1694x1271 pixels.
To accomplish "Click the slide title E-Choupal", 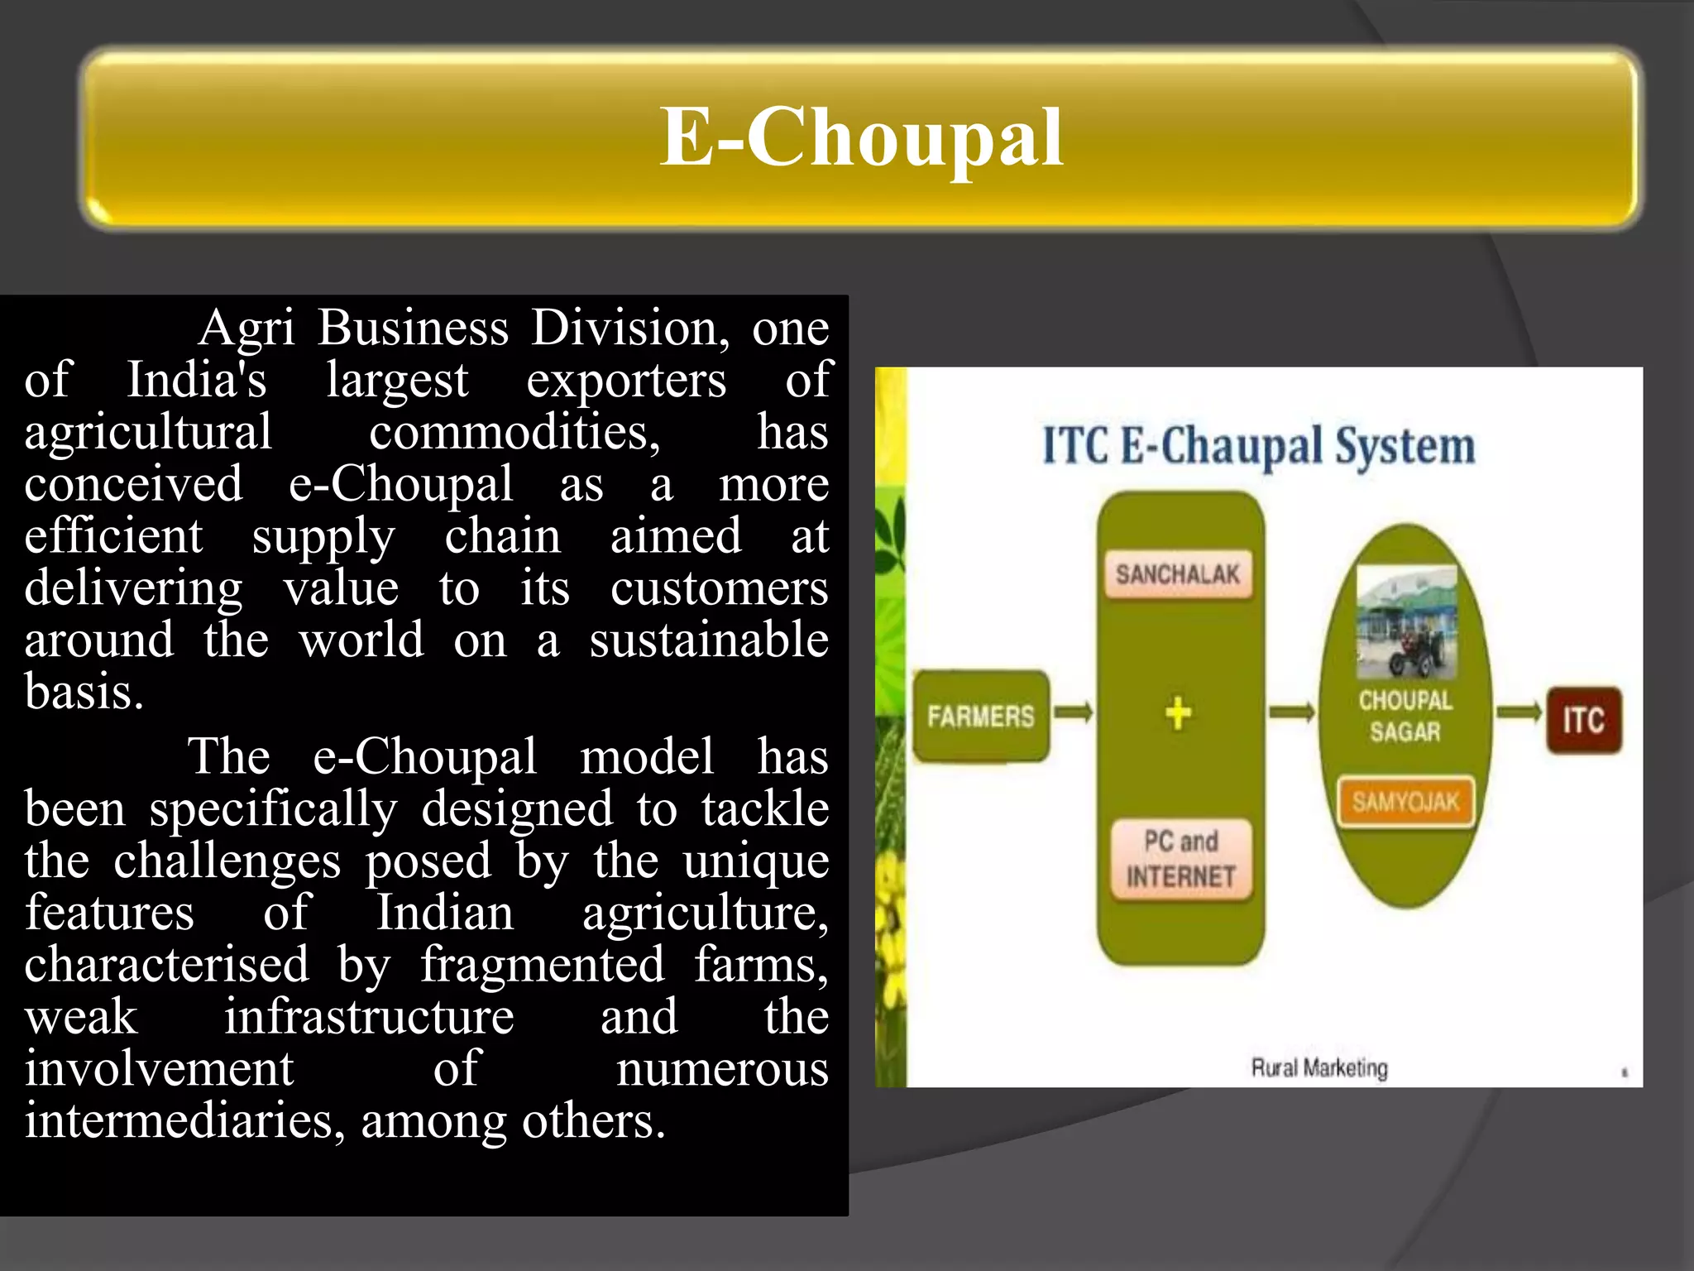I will (x=860, y=137).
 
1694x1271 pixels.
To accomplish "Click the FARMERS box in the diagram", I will (x=981, y=716).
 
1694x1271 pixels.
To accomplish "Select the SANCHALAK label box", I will (x=1178, y=573).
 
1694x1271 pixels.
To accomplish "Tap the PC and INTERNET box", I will (x=1180, y=859).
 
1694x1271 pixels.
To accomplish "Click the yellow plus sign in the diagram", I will (x=1179, y=713).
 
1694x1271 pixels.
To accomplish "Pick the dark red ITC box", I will (x=1583, y=720).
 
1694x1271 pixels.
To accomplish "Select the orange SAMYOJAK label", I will (x=1405, y=801).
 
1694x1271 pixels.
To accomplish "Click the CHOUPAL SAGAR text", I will (x=1405, y=716).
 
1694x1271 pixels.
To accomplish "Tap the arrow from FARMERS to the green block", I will (x=1074, y=712).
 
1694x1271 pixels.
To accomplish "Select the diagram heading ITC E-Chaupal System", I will (x=1258, y=447).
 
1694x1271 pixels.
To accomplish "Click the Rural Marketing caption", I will (x=1318, y=1067).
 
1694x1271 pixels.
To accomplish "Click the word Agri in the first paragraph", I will (x=246, y=329).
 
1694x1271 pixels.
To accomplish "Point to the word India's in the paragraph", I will (x=196, y=381).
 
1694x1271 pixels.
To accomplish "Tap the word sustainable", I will (x=708, y=640).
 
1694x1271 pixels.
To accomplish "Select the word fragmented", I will (x=543, y=965).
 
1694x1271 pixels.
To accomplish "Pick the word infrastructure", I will (x=369, y=1017).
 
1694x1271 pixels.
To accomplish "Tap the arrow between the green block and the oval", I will (x=1291, y=712).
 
